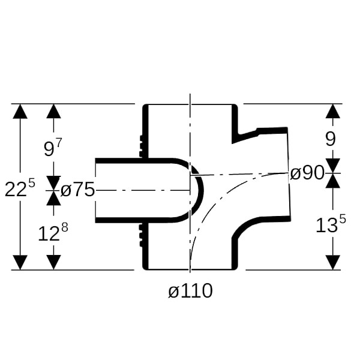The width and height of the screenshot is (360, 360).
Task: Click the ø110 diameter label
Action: pyautogui.click(x=190, y=290)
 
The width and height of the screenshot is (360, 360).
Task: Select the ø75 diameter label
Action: pyautogui.click(x=77, y=190)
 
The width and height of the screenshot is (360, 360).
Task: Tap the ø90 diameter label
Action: pyautogui.click(x=307, y=173)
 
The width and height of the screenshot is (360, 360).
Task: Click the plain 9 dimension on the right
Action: pyautogui.click(x=331, y=139)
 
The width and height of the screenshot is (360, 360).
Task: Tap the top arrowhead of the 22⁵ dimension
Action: pyautogui.click(x=20, y=112)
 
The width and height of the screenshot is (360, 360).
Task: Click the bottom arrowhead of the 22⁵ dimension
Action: pyautogui.click(x=20, y=262)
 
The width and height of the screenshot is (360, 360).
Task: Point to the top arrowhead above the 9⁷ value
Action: pyautogui.click(x=54, y=112)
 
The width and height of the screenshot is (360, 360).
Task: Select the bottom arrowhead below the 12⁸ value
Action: pyautogui.click(x=54, y=262)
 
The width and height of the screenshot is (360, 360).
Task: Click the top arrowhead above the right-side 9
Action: pyautogui.click(x=333, y=112)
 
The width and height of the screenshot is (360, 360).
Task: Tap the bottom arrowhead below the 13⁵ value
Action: pyautogui.click(x=333, y=262)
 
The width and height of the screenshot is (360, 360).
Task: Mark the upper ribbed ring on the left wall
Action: pyautogui.click(x=141, y=146)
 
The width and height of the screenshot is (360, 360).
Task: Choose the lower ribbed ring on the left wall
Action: pyautogui.click(x=141, y=235)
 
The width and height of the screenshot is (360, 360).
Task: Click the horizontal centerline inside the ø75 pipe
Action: pyautogui.click(x=142, y=190)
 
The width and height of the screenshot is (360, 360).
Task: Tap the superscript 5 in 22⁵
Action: pyautogui.click(x=32, y=183)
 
